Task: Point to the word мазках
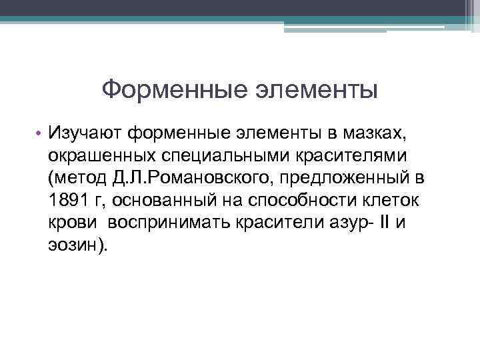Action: coord(365,135)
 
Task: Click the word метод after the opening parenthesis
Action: coord(78,179)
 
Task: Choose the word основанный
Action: coord(157,201)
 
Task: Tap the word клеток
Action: coord(389,201)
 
